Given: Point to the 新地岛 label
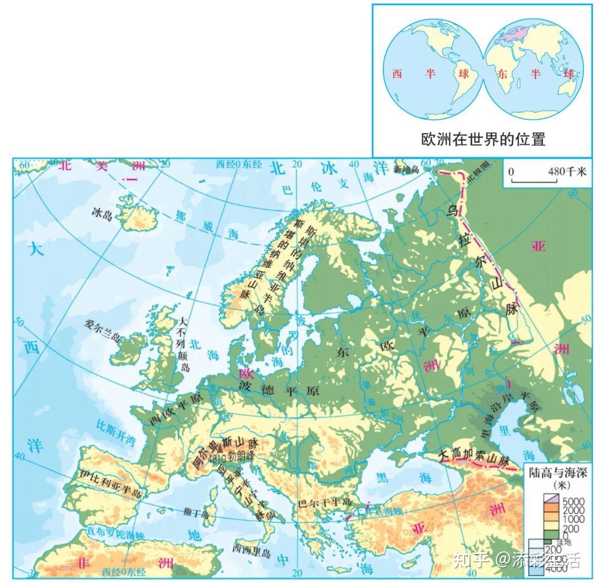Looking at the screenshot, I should pos(407,170).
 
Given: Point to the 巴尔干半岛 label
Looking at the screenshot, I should pos(324,503).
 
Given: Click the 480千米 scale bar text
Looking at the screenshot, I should pos(567,171).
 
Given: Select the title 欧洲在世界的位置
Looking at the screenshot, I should pos(483,138).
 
